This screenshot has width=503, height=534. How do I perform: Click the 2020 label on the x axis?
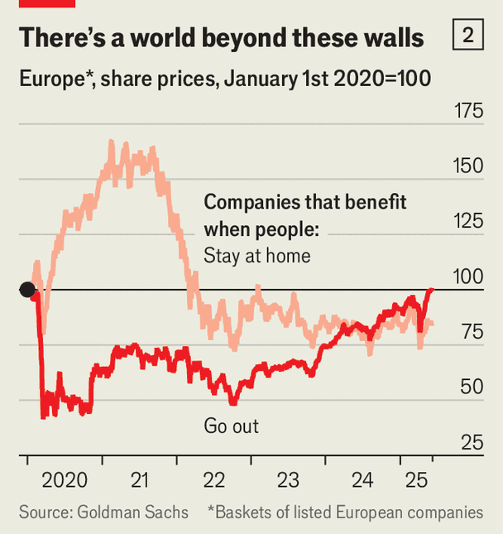click(64, 479)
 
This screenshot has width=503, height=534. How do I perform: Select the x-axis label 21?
click(139, 479)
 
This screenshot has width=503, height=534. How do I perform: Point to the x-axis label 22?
click(213, 479)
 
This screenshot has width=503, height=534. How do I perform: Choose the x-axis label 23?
click(288, 479)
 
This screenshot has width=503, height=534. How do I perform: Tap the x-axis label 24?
click(362, 479)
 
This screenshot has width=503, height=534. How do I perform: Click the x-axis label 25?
click(416, 479)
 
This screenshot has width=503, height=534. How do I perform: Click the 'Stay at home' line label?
click(256, 255)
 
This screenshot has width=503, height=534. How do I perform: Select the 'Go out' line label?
click(231, 426)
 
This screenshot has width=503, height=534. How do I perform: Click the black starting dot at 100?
click(27, 289)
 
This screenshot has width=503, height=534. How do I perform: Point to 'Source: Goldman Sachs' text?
click(103, 512)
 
